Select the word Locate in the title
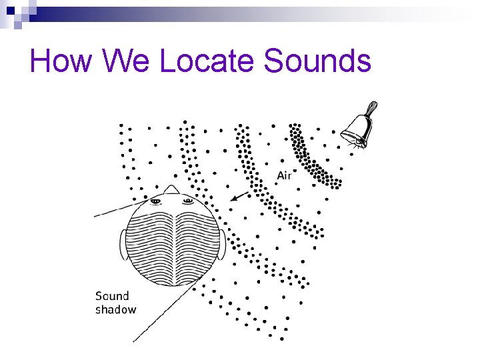point(208,61)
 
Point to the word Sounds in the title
point(317,61)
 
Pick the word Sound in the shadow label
point(112,296)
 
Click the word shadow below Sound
point(115,309)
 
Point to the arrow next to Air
point(239,196)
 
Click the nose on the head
point(171,190)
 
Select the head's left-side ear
point(124,245)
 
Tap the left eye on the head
point(155,201)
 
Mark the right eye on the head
point(187,201)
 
